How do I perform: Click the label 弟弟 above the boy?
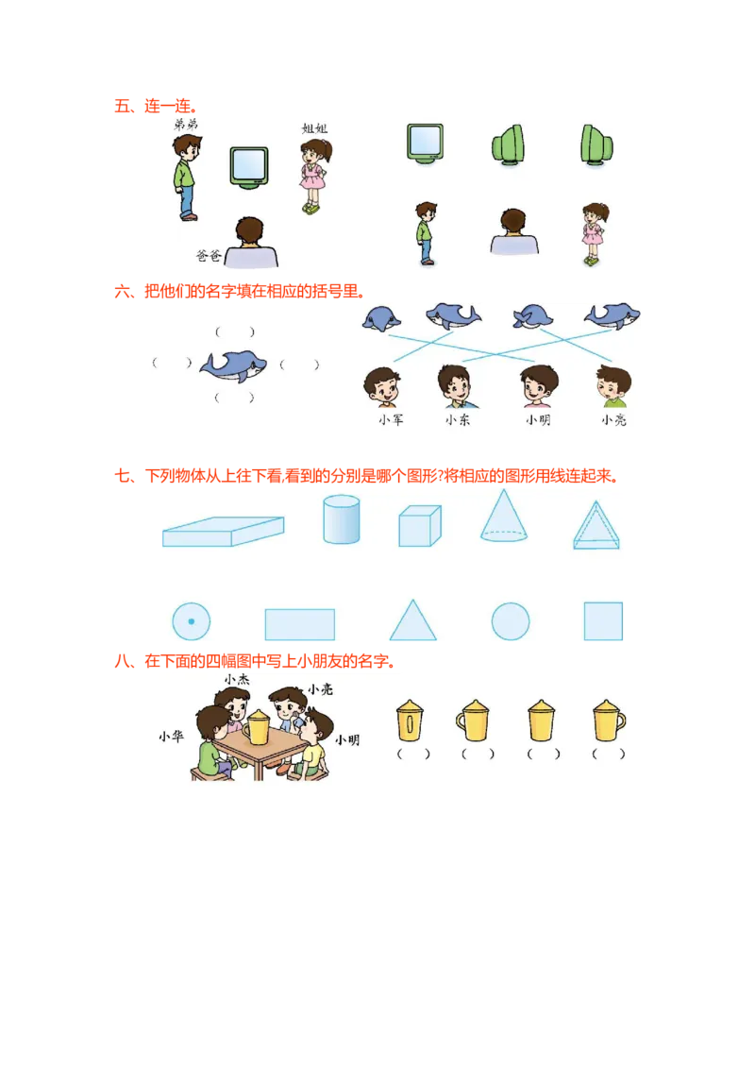pyautogui.click(x=185, y=124)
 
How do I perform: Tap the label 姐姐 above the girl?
pyautogui.click(x=314, y=128)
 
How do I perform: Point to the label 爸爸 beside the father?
pyautogui.click(x=209, y=256)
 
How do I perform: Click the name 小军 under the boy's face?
pyautogui.click(x=391, y=420)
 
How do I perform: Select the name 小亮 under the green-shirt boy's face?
pyautogui.click(x=613, y=420)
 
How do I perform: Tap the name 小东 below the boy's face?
pyautogui.click(x=458, y=420)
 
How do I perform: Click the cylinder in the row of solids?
pyautogui.click(x=342, y=519)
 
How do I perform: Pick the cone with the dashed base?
pyautogui.click(x=504, y=516)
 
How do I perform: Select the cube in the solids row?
pyautogui.click(x=420, y=526)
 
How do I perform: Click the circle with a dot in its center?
pyautogui.click(x=191, y=621)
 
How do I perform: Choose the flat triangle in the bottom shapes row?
pyautogui.click(x=413, y=619)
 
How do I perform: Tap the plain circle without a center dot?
pyautogui.click(x=511, y=621)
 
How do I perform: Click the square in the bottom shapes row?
pyautogui.click(x=603, y=621)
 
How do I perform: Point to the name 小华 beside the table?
pyautogui.click(x=171, y=737)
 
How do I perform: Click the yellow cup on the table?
pyautogui.click(x=257, y=727)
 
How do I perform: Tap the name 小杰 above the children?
pyautogui.click(x=237, y=680)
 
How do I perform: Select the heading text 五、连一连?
pyautogui.click(x=156, y=107)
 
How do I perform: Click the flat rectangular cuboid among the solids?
pyautogui.click(x=224, y=532)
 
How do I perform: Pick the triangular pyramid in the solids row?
pyautogui.click(x=596, y=525)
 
